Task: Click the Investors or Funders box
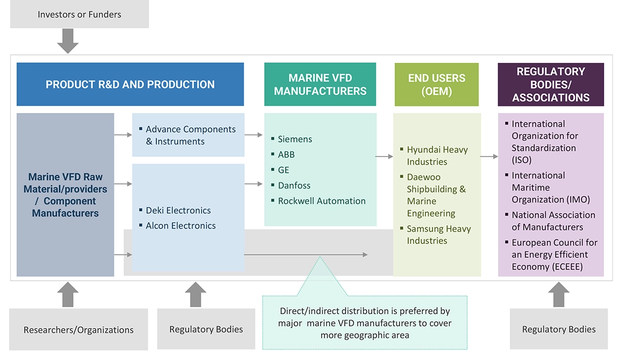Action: pos(79,14)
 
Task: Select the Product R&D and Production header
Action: pos(130,84)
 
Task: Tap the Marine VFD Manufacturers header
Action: pos(320,84)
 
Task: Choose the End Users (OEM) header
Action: pos(437,84)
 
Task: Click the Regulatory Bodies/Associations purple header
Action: pos(551,84)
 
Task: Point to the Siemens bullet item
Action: pos(294,139)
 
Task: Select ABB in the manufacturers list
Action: pos(286,154)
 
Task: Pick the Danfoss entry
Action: pos(294,185)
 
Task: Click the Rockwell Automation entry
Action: pos(321,201)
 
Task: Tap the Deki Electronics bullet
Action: pos(178,210)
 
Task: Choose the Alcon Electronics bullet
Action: pos(181,225)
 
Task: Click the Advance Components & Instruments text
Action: pos(190,135)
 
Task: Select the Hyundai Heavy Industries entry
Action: pos(437,156)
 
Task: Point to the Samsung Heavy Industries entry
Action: pos(438,234)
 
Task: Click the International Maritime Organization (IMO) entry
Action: pos(551,187)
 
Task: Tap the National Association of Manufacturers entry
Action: pos(553,220)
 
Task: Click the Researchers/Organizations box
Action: pos(78,330)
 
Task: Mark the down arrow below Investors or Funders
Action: pos(68,41)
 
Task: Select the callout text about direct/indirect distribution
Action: pos(365,323)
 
